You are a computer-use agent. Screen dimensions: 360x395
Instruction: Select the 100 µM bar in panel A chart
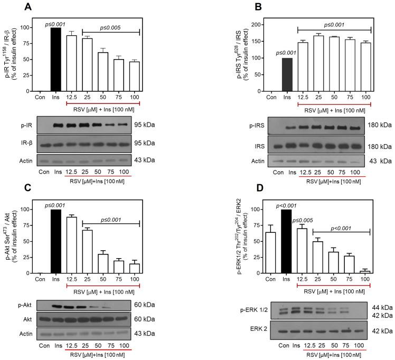coord(134,77)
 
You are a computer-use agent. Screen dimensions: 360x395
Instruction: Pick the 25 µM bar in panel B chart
coord(317,64)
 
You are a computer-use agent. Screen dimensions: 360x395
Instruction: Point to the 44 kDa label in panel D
coord(378,307)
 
